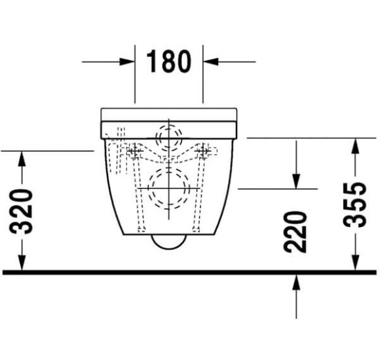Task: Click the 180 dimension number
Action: coord(169,62)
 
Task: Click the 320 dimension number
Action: coord(21,212)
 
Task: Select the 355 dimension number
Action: coord(355,205)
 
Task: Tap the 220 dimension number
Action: coord(295,232)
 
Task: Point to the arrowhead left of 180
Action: coord(127,62)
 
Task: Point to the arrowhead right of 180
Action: coord(210,62)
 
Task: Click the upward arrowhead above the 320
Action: coord(22,158)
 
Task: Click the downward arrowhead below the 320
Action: coord(22,262)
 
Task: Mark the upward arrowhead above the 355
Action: coord(355,146)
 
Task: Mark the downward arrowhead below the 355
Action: coord(355,262)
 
